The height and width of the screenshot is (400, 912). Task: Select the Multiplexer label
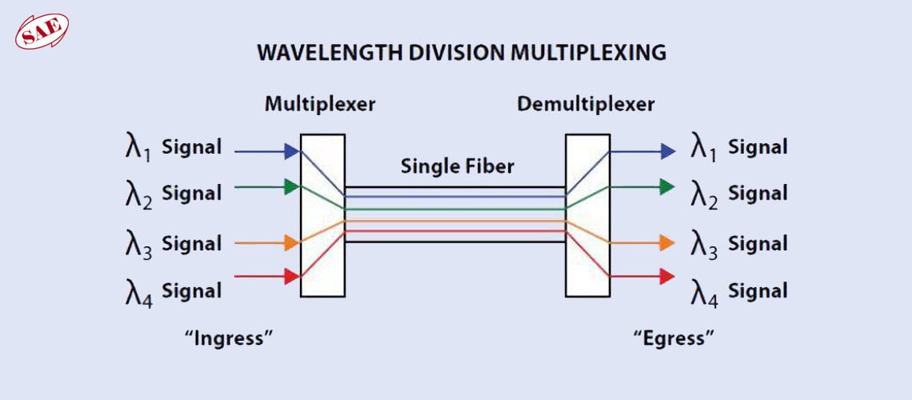(320, 104)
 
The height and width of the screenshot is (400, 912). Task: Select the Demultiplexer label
(586, 104)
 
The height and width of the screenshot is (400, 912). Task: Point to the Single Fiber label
(458, 166)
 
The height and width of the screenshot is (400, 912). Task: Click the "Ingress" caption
(230, 338)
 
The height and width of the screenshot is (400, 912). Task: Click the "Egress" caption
(674, 338)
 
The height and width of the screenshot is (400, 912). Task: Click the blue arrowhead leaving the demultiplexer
(667, 150)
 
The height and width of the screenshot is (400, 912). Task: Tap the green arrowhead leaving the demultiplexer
(667, 187)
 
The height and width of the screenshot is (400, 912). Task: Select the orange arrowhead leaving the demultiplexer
(667, 242)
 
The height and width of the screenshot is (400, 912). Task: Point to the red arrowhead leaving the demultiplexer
(667, 276)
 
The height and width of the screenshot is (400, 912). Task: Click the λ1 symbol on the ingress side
(138, 149)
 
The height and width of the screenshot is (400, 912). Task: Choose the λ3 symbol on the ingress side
(138, 245)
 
